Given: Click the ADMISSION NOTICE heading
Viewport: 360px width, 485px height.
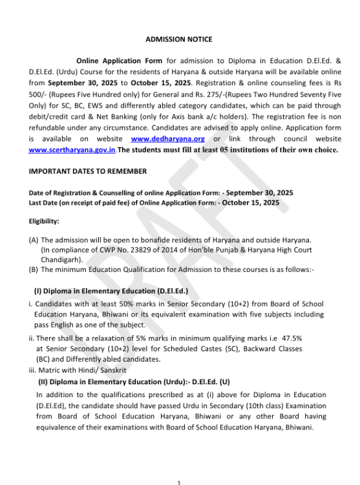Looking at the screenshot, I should (178, 39).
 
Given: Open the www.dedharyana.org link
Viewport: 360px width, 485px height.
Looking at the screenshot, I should (167, 139).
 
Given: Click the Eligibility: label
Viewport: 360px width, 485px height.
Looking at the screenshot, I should (44, 221).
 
